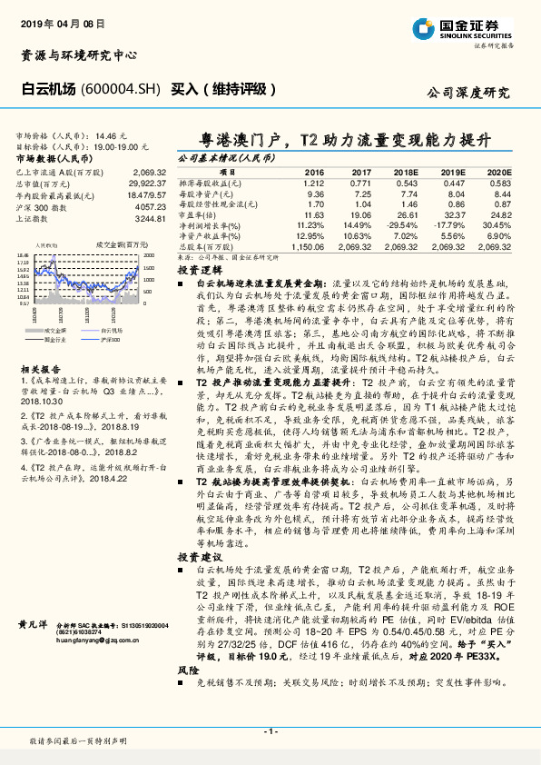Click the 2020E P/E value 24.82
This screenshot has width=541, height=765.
(500, 214)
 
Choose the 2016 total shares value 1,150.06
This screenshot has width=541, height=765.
(309, 246)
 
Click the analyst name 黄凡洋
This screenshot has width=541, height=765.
(34, 625)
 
